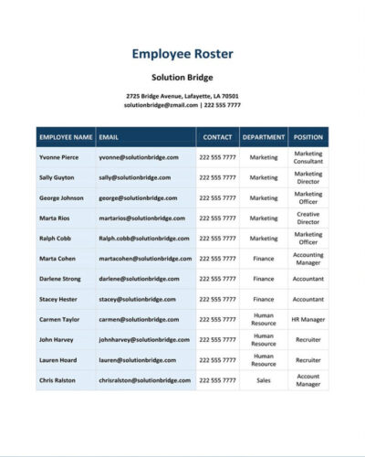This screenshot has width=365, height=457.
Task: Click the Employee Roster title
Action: coord(182,53)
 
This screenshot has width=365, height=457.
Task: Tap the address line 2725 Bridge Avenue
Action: coord(182,96)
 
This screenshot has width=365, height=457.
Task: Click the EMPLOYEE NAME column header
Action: coord(66,137)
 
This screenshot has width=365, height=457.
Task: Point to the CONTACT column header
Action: coord(217,137)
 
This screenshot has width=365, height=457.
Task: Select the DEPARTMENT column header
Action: coord(264,137)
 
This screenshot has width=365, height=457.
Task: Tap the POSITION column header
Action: coord(308,137)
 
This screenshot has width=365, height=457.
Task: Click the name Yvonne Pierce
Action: coord(59,157)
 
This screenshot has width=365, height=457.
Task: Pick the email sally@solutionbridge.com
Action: coord(134,177)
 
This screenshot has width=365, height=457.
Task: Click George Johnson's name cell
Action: coord(61,197)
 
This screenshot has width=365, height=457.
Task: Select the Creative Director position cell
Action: coord(308,218)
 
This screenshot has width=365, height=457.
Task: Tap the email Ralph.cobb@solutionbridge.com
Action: coord(141,238)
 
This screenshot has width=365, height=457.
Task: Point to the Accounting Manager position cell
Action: coord(308,258)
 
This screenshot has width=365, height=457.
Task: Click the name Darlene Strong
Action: coord(61,278)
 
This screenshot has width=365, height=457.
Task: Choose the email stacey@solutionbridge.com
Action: coord(136,298)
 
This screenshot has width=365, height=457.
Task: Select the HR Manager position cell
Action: coord(308,319)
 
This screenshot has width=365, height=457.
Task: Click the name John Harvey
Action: coord(57,339)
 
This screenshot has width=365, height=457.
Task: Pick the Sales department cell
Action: coord(264,379)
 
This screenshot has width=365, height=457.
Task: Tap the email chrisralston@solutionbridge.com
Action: coord(143,379)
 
